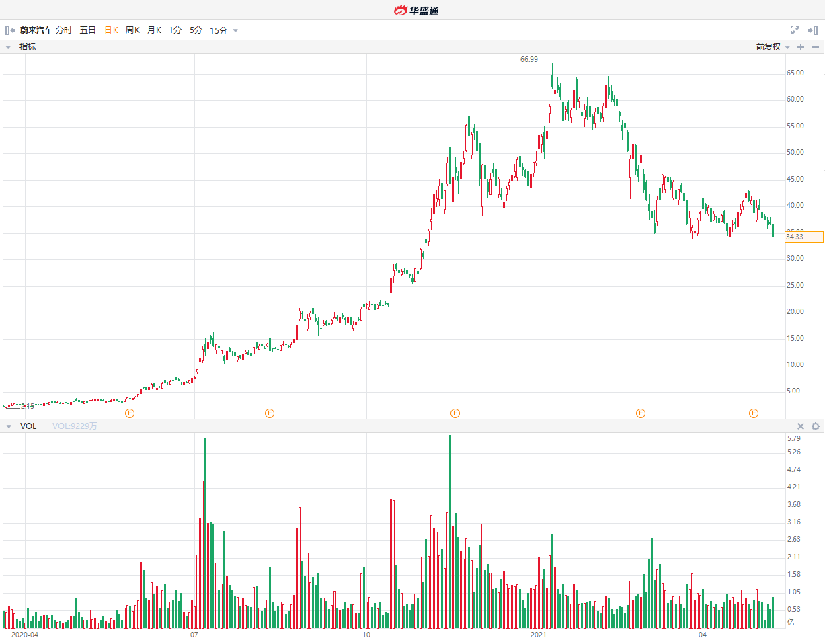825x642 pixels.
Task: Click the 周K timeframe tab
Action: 132,30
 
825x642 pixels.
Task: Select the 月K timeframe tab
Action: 154,30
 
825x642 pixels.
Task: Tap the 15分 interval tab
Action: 219,30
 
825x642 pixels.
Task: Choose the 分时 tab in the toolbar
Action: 64,30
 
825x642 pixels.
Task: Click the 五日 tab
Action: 88,30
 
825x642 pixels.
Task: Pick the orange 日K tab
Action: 111,30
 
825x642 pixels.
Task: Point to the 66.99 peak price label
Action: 529,60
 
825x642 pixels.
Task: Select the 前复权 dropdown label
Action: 768,47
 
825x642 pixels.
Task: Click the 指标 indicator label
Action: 28,47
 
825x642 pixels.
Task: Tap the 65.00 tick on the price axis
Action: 795,73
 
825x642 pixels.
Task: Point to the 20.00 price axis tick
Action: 795,311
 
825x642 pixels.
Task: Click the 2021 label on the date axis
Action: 539,634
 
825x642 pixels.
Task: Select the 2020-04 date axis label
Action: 26,634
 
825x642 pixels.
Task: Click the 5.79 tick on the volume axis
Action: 793,439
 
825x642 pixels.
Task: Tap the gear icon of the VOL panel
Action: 816,426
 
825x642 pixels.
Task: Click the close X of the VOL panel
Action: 801,426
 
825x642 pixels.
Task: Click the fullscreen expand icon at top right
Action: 795,30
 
